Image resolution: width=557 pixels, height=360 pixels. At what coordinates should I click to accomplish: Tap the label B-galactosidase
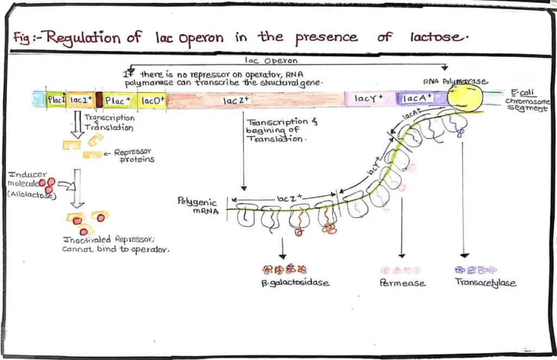tap(295, 283)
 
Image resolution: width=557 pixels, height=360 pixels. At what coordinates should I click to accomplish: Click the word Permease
tap(403, 283)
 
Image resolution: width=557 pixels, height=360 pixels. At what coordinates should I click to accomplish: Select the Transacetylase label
tap(485, 283)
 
